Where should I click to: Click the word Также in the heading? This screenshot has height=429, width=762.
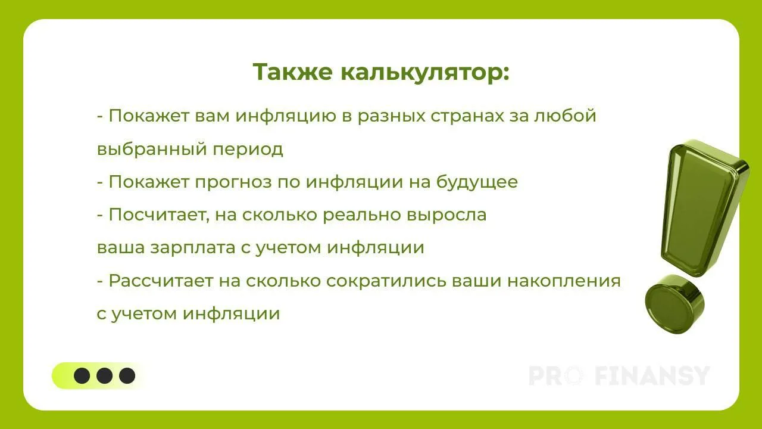[x=292, y=72]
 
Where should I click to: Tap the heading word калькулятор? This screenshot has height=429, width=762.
[x=425, y=73]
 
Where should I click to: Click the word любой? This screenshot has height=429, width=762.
[x=565, y=115]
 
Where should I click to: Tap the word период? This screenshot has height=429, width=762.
[x=248, y=150]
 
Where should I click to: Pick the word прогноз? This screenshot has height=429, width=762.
[x=233, y=182]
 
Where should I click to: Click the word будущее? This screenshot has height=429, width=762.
[x=477, y=182]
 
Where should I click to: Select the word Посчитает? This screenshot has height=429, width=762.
[x=158, y=215]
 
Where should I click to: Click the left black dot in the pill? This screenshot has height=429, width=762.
[x=82, y=375]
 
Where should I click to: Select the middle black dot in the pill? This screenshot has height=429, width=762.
[x=104, y=375]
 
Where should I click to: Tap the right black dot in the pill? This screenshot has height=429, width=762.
[x=127, y=375]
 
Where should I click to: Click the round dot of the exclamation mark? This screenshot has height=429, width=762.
[x=674, y=304]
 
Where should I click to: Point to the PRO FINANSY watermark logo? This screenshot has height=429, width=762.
[x=620, y=376]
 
